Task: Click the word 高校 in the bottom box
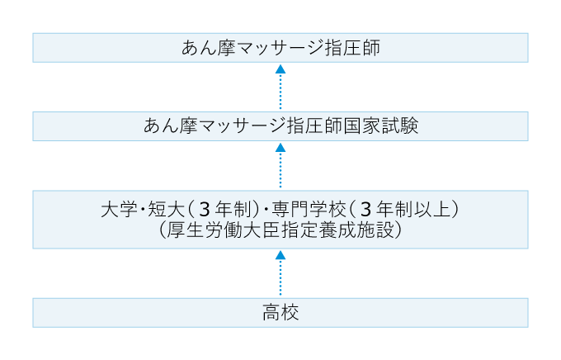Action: [280, 313]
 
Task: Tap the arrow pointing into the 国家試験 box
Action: [280, 165]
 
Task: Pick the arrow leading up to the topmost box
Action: [280, 87]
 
